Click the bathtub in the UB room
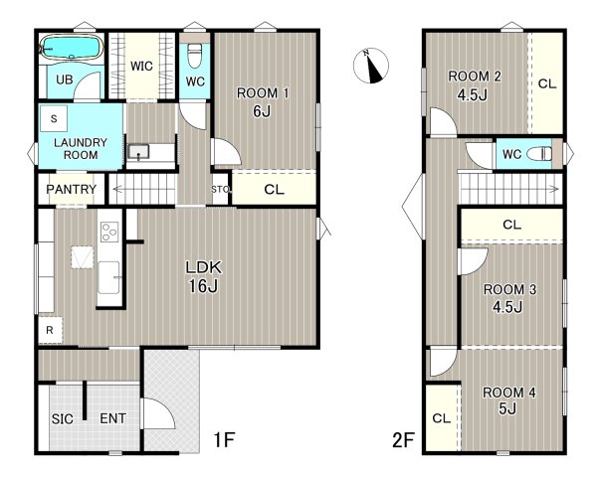point(72,48)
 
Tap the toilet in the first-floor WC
point(195,55)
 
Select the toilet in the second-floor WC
point(539,154)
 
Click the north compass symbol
point(370,66)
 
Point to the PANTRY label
point(72,189)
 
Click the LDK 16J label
point(204,276)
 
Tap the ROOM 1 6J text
point(263,101)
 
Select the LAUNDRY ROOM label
point(81,148)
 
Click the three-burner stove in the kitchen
point(109,232)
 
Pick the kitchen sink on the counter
point(109,277)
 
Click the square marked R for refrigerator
point(50,330)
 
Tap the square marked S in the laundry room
point(54,118)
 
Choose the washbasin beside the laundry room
point(138,152)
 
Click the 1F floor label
point(224,439)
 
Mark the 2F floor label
point(403,440)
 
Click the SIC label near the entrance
point(63,418)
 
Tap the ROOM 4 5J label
point(508,400)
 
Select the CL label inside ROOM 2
point(547,83)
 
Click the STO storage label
point(221,189)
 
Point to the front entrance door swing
point(159,413)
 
